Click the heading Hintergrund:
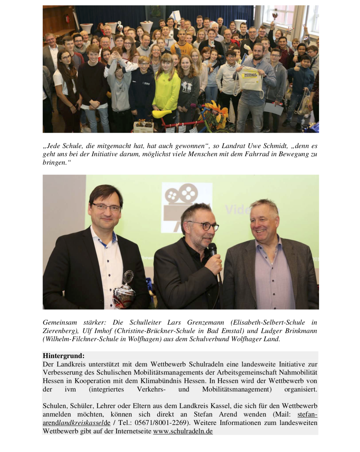(x=64, y=356)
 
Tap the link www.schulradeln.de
(x=183, y=431)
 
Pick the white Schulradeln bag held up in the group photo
(x=249, y=79)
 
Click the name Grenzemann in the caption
(x=205, y=323)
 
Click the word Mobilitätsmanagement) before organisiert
(x=237, y=390)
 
